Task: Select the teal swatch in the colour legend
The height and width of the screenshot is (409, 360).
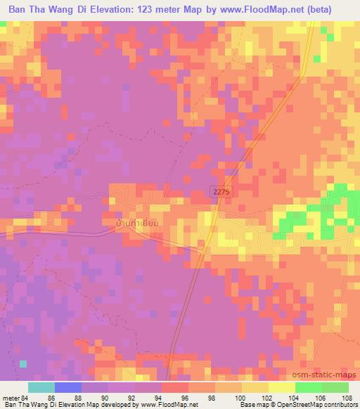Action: point(41,387)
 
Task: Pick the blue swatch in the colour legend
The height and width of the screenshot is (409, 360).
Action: point(67,387)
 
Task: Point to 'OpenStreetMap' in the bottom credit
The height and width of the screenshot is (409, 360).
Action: point(303,405)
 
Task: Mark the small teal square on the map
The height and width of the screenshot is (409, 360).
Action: point(24,363)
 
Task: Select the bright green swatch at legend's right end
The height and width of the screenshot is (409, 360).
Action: point(335,387)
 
